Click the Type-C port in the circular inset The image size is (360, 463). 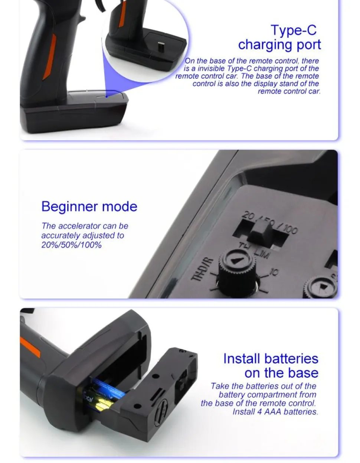pos(161,46)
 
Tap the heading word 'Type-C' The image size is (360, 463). pos(294,30)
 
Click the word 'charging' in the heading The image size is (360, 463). pos(265,45)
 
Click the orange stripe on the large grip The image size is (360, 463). pos(49,57)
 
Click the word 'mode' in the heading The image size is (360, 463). pos(120,207)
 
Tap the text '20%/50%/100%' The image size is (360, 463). pos(71,245)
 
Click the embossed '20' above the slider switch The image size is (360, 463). pos(248,216)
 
